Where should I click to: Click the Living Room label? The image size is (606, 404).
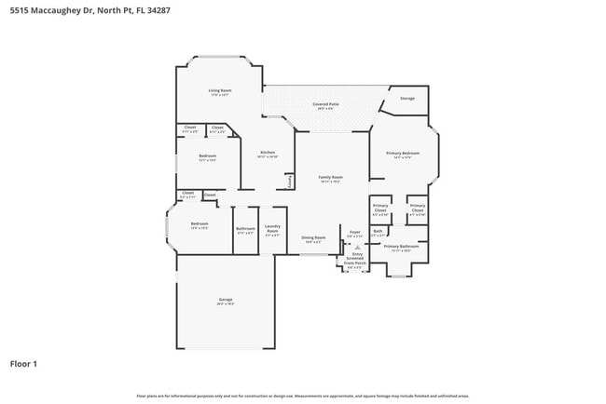(x=220, y=90)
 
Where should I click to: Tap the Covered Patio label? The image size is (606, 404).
(x=324, y=105)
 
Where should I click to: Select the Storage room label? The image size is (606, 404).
(x=407, y=98)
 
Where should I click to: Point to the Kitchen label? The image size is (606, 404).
(x=268, y=153)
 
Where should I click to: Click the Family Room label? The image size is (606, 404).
(x=331, y=177)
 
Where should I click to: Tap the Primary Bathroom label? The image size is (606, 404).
(x=403, y=247)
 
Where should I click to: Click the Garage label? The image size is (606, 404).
(x=226, y=299)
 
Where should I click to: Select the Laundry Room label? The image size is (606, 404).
(x=272, y=228)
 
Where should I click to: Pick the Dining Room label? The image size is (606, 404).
(x=313, y=237)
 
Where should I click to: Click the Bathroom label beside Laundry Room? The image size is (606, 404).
(x=245, y=229)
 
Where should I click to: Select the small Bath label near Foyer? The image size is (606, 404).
(x=378, y=231)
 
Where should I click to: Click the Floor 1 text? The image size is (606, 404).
(x=23, y=363)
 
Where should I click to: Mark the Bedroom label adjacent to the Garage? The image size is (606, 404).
(x=200, y=224)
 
